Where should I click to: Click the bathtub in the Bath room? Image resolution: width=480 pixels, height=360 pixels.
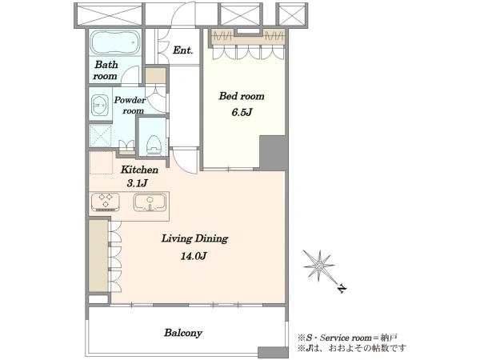tap(115, 42)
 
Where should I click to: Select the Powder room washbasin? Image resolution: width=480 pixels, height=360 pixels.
tap(99, 106)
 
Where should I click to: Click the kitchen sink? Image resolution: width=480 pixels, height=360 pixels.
tap(150, 202)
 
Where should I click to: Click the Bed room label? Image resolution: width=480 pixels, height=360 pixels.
tap(242, 96)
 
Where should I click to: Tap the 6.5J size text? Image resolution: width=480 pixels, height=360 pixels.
tap(242, 112)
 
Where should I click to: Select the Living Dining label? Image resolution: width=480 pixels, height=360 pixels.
tap(194, 238)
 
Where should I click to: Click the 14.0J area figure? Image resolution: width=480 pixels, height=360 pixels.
tap(194, 256)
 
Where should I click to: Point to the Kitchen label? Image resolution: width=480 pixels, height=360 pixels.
tap(139, 170)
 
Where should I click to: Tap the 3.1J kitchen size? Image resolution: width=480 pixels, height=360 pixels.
tap(138, 183)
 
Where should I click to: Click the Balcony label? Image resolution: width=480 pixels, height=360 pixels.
tap(183, 333)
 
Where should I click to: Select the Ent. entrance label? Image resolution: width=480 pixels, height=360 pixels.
tap(182, 50)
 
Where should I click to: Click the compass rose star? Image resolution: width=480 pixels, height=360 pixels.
tap(318, 266)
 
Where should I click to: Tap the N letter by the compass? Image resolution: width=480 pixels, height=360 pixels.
tap(342, 289)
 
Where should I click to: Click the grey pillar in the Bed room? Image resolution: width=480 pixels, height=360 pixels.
tap(273, 153)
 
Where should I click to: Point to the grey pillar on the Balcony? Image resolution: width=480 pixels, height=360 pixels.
tap(273, 352)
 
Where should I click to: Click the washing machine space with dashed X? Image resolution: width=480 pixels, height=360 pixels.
tap(100, 136)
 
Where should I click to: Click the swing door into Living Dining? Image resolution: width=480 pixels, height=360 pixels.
tap(185, 161)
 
